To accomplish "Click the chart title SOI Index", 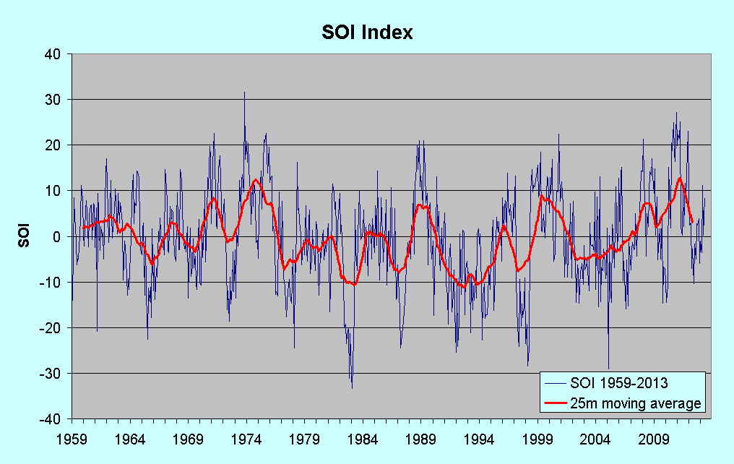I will pos(367,33).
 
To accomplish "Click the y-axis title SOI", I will pos(24,236).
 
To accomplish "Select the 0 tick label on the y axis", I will pos(61,236).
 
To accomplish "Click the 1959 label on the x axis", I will pos(72,438).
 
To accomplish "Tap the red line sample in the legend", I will pos(556,403).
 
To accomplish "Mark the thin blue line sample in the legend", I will pos(556,383).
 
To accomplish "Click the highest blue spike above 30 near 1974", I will pos(244,93).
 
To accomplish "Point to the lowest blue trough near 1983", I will pos(352,388).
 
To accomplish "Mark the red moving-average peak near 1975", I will pos(256,179).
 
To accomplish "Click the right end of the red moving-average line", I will pos(692,222).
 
